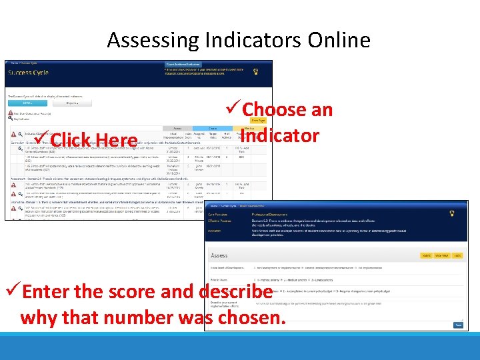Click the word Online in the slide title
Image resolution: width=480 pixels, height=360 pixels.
[x=339, y=41]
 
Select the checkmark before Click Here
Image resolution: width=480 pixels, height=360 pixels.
[x=40, y=139]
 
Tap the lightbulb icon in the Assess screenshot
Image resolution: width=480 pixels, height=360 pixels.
[x=451, y=213]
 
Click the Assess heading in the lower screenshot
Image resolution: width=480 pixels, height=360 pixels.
[x=219, y=255]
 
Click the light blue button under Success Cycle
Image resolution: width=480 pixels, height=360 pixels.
[x=27, y=103]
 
